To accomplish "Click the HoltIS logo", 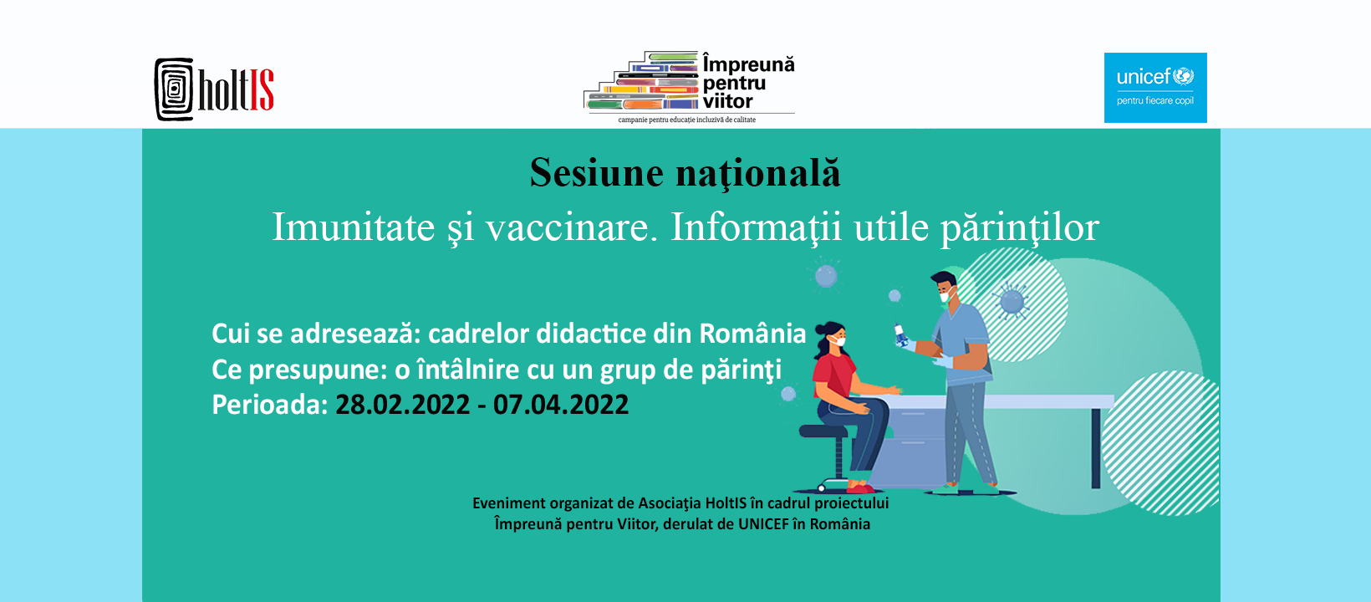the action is point(214,89).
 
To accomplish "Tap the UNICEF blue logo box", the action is point(1155,88).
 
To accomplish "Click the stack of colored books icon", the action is point(641,81).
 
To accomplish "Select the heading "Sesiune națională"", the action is point(685,173).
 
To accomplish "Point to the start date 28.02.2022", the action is point(402,405).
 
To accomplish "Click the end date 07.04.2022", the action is point(561,405).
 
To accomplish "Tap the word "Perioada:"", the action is point(270,405).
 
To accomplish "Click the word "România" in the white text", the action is point(752,334).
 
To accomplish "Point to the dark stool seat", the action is point(823,431).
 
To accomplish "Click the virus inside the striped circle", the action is point(1012,301).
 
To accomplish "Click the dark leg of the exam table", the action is point(1096,448).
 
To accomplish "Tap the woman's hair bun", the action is point(819,329).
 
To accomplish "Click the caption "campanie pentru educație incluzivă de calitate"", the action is point(686,120).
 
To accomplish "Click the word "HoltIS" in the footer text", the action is point(726,503).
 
